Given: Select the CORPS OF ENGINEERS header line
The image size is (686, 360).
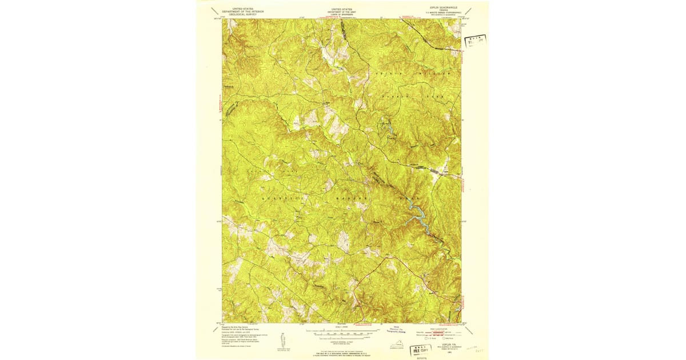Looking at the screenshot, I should click(x=342, y=14).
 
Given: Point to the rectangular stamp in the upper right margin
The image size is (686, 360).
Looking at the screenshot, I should click(x=474, y=41).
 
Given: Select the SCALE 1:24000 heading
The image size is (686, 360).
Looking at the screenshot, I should click(x=342, y=327).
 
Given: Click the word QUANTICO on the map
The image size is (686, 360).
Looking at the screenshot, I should click(x=278, y=196).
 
